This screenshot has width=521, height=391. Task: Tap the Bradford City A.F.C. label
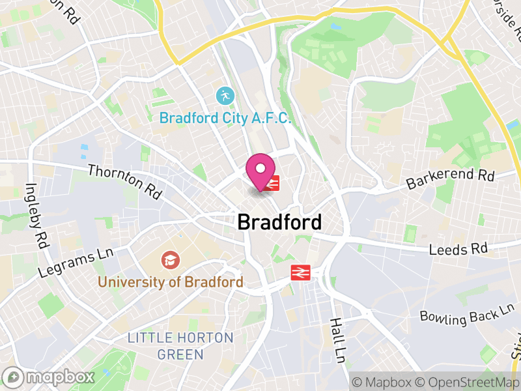point(225,119)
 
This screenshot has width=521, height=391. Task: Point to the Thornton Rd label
point(124,181)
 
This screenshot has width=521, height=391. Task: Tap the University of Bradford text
point(171,282)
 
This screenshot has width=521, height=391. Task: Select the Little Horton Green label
point(180,346)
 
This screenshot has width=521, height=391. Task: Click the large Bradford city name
point(279,222)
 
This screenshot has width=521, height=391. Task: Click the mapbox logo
point(49,377)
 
